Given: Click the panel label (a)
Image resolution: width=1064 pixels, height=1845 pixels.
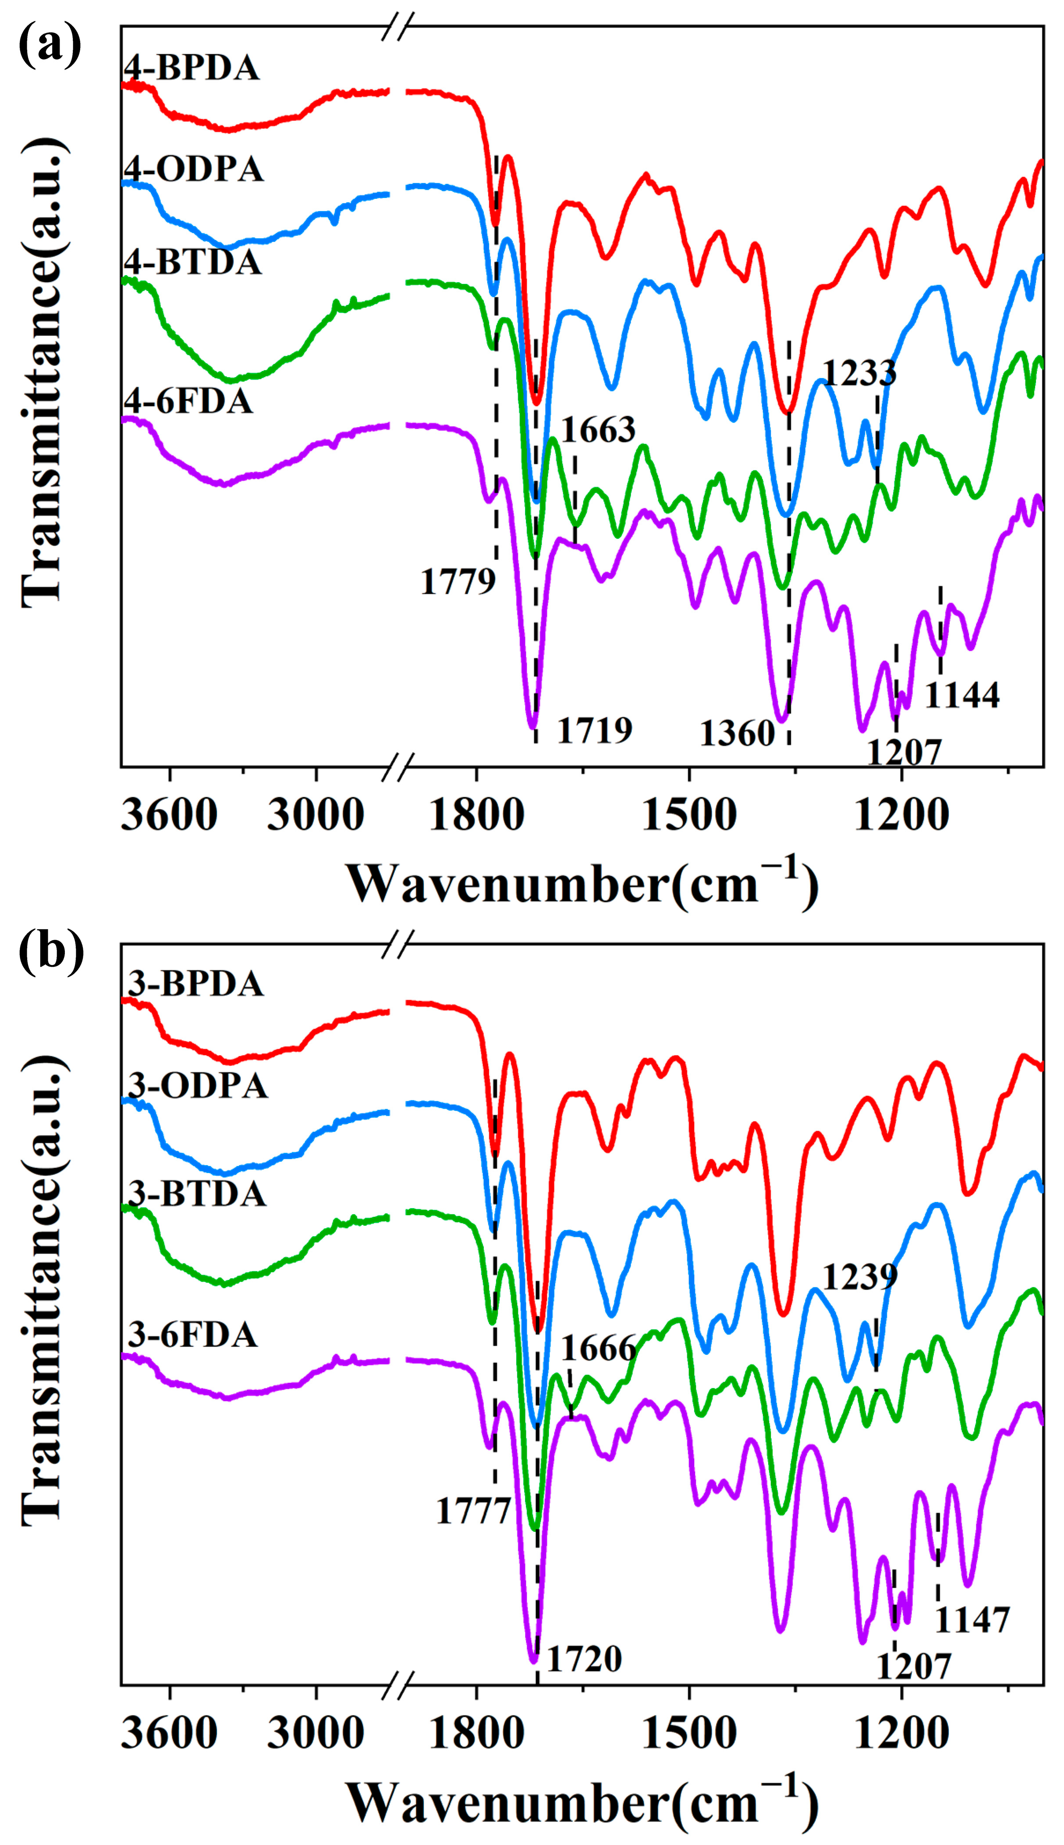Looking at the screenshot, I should (50, 45).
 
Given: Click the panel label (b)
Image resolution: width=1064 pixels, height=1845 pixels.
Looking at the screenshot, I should (51, 952).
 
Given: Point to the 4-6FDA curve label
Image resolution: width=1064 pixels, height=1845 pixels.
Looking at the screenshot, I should (188, 402).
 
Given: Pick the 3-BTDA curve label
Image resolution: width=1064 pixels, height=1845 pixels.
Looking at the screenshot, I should (197, 1194).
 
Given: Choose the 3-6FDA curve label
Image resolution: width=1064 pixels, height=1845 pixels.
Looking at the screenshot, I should (193, 1335).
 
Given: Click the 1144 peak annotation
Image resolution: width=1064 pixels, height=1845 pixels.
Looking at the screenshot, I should (962, 695).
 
